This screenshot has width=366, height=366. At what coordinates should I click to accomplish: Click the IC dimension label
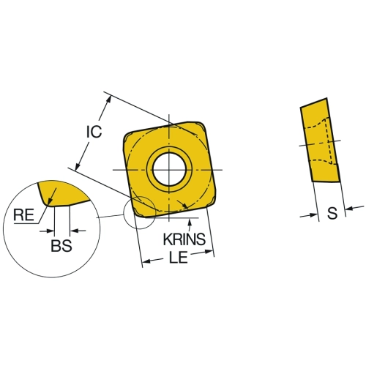(94, 132)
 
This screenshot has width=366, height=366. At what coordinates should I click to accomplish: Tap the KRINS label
(184, 239)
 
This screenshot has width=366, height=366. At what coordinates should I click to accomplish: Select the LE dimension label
(179, 257)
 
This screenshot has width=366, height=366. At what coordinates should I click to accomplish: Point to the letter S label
(332, 213)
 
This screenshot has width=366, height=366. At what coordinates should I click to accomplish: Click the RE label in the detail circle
(23, 215)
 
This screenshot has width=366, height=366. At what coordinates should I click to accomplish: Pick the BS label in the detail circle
(61, 245)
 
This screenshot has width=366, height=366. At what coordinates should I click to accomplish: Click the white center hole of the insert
(169, 170)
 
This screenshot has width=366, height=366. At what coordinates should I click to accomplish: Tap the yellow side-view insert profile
(320, 141)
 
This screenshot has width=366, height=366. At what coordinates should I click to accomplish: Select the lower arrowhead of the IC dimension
(78, 166)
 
